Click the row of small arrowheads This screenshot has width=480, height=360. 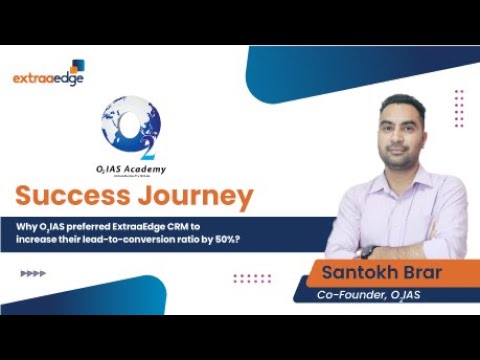click(x=33, y=272)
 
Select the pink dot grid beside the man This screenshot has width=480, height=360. click(x=458, y=108)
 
